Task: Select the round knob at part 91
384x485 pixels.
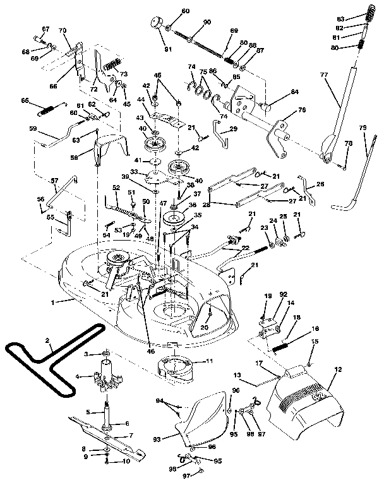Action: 155,24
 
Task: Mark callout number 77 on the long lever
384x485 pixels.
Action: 324,75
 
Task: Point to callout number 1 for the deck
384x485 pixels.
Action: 53,302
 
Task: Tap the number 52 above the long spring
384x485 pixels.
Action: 116,188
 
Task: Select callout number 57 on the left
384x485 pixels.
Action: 54,181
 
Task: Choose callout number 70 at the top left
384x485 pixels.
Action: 63,30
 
